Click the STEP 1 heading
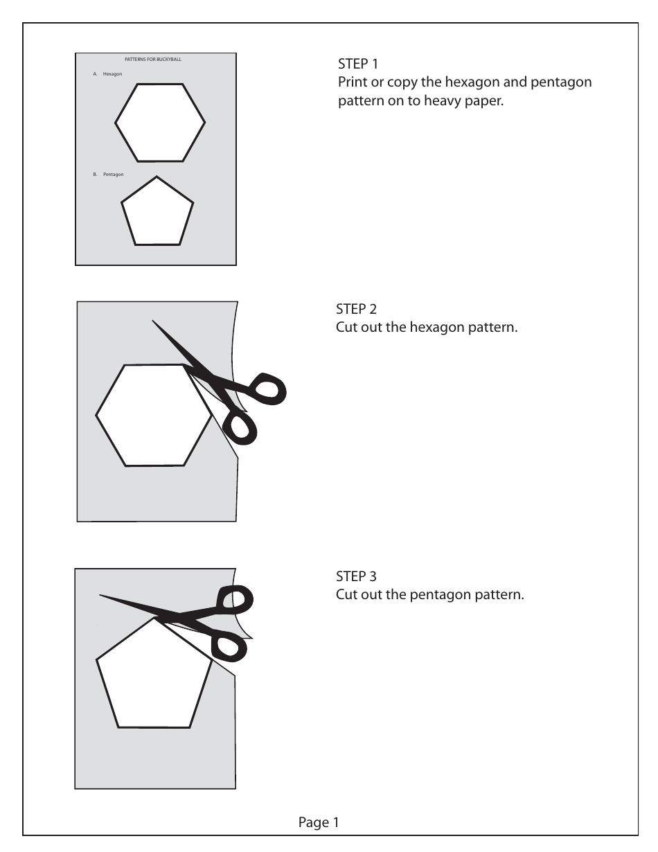357,64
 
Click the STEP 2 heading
356,309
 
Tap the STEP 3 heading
356,576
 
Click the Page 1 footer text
319,823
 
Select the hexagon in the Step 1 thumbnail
160,123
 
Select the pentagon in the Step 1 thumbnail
157,213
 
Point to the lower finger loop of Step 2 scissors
242,428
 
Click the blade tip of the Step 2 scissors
154,321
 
